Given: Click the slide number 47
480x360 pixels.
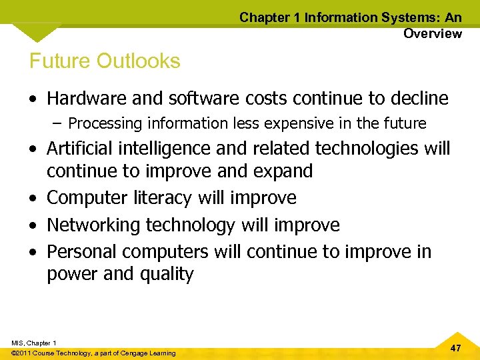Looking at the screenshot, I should point(456,348).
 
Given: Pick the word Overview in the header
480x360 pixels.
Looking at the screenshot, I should point(432,34).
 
